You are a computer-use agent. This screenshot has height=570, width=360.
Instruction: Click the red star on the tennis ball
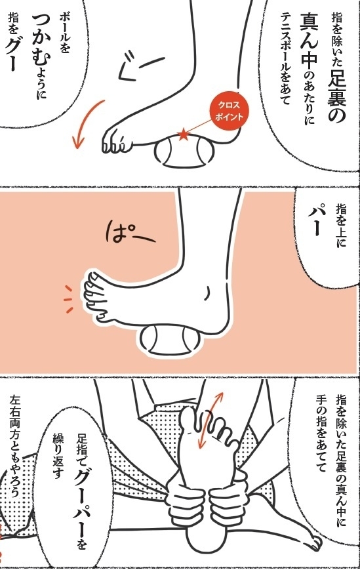point(184,135)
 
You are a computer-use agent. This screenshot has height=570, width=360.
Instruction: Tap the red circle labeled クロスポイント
point(229,111)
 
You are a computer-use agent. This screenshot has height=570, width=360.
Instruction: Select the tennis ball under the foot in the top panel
point(184,152)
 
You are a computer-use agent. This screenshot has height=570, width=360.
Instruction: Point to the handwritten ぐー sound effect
point(139,66)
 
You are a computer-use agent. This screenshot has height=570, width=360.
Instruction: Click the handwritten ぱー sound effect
point(130,233)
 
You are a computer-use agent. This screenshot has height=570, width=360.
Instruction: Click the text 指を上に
point(341,226)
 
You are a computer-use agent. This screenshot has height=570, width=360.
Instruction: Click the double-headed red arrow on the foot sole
point(210,419)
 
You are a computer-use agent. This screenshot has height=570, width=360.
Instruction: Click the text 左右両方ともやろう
point(16,447)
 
